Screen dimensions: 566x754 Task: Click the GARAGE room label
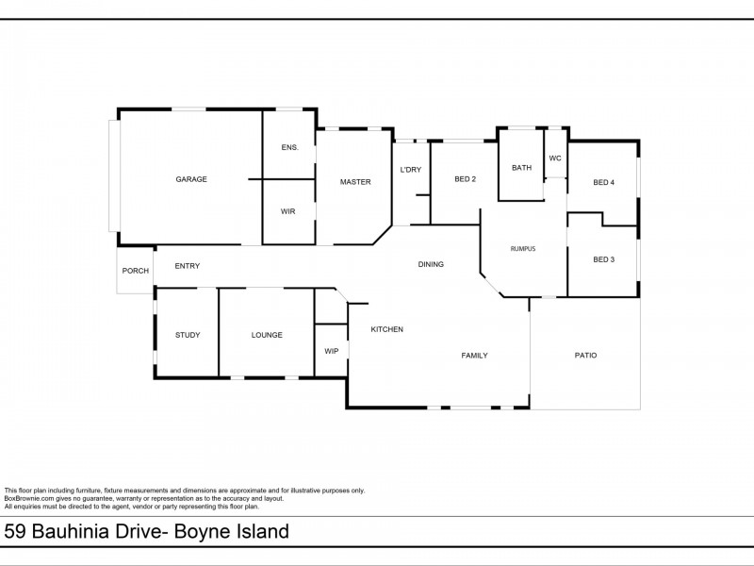coord(190,179)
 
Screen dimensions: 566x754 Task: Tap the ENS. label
coord(289,147)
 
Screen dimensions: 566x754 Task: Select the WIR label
coord(288,211)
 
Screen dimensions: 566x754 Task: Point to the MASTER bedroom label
coord(355,182)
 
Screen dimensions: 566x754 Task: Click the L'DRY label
coord(410,170)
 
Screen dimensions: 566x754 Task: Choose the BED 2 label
coord(465,179)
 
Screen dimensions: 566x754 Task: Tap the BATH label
coord(521,168)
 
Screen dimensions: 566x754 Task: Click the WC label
coord(555,158)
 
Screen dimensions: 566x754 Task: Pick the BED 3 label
coord(603,259)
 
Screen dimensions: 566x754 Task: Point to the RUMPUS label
coord(522,248)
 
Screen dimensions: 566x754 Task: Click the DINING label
coord(431,264)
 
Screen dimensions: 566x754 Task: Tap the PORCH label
coord(136,271)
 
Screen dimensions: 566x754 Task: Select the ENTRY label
coord(187,266)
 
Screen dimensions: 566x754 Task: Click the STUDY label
coord(187,335)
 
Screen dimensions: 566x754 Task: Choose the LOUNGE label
coord(267,335)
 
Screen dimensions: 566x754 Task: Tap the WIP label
coord(331,351)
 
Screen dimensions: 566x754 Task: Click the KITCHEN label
coord(386,329)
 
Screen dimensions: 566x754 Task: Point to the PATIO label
coord(585,356)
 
